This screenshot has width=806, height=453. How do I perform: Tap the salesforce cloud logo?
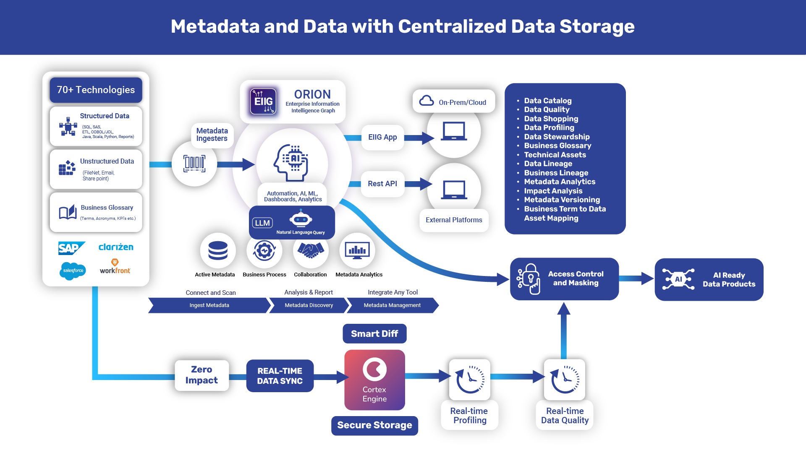tap(73, 271)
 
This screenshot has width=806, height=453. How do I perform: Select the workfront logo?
tap(115, 267)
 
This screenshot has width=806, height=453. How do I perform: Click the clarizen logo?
tap(116, 247)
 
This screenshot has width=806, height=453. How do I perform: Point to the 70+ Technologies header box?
tap(96, 90)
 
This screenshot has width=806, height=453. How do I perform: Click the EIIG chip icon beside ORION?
tap(263, 101)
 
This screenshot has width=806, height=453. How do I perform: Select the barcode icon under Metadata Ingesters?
tap(194, 164)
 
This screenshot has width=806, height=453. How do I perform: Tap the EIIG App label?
tap(382, 137)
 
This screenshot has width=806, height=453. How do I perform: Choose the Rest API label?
tap(382, 184)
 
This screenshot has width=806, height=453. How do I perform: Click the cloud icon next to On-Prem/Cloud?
tap(427, 101)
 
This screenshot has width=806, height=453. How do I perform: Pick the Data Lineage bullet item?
tap(548, 164)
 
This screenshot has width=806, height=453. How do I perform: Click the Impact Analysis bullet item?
tap(553, 191)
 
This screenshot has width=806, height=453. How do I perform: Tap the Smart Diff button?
tap(374, 334)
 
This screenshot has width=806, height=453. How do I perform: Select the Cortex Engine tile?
tap(374, 380)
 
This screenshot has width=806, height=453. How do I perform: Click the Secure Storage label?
tap(374, 425)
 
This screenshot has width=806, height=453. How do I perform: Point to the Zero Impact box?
tap(201, 375)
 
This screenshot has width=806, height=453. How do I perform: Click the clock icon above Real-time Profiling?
tap(470, 380)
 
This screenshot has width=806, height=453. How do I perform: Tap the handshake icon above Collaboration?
tap(311, 250)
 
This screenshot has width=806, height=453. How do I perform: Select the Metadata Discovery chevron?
tap(309, 305)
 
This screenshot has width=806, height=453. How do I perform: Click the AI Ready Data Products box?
tap(709, 279)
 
